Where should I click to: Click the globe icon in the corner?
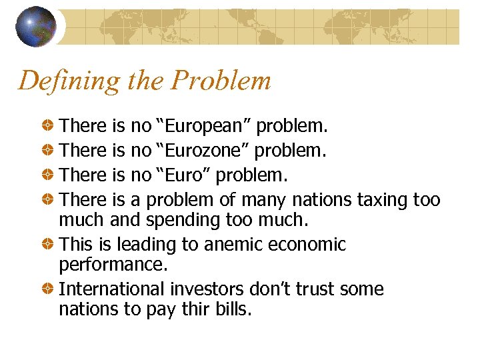[35, 26]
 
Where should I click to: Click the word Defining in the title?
[57, 81]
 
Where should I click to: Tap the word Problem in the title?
[221, 81]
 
